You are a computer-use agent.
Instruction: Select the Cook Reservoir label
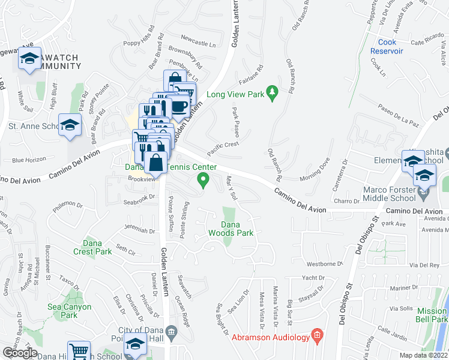(395, 46)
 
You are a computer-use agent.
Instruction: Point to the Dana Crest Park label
(93, 247)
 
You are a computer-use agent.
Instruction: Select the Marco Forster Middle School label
(390, 194)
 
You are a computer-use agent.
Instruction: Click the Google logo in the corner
(20, 353)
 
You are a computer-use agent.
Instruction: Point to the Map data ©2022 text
(424, 355)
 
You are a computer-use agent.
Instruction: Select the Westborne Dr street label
(324, 263)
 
